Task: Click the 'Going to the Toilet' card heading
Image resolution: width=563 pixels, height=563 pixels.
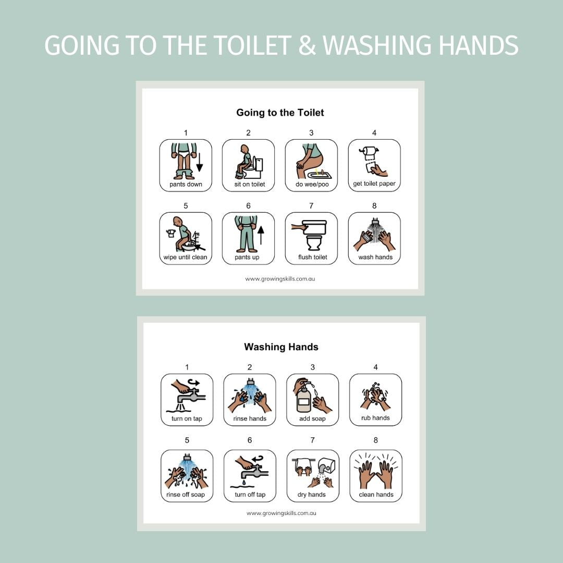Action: click(280, 113)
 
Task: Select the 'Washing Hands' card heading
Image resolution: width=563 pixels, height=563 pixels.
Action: click(281, 347)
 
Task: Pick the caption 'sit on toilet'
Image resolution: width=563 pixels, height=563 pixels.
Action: click(250, 184)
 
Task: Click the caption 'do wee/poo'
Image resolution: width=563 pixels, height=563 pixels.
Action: click(312, 184)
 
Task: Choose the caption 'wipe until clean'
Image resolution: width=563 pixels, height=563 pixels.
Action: click(185, 257)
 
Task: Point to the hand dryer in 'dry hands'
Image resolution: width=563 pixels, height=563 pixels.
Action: click(326, 466)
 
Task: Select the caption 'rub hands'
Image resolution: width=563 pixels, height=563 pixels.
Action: click(375, 418)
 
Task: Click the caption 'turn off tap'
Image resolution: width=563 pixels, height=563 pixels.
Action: click(250, 494)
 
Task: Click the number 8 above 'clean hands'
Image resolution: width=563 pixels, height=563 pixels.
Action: click(375, 440)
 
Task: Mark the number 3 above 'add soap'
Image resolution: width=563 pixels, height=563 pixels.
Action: click(312, 368)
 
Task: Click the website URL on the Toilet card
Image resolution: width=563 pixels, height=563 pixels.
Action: click(280, 278)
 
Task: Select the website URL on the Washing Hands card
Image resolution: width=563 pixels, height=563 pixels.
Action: click(281, 513)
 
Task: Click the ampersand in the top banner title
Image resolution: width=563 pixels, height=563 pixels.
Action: click(307, 45)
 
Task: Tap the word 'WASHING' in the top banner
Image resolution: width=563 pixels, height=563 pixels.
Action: click(377, 45)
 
